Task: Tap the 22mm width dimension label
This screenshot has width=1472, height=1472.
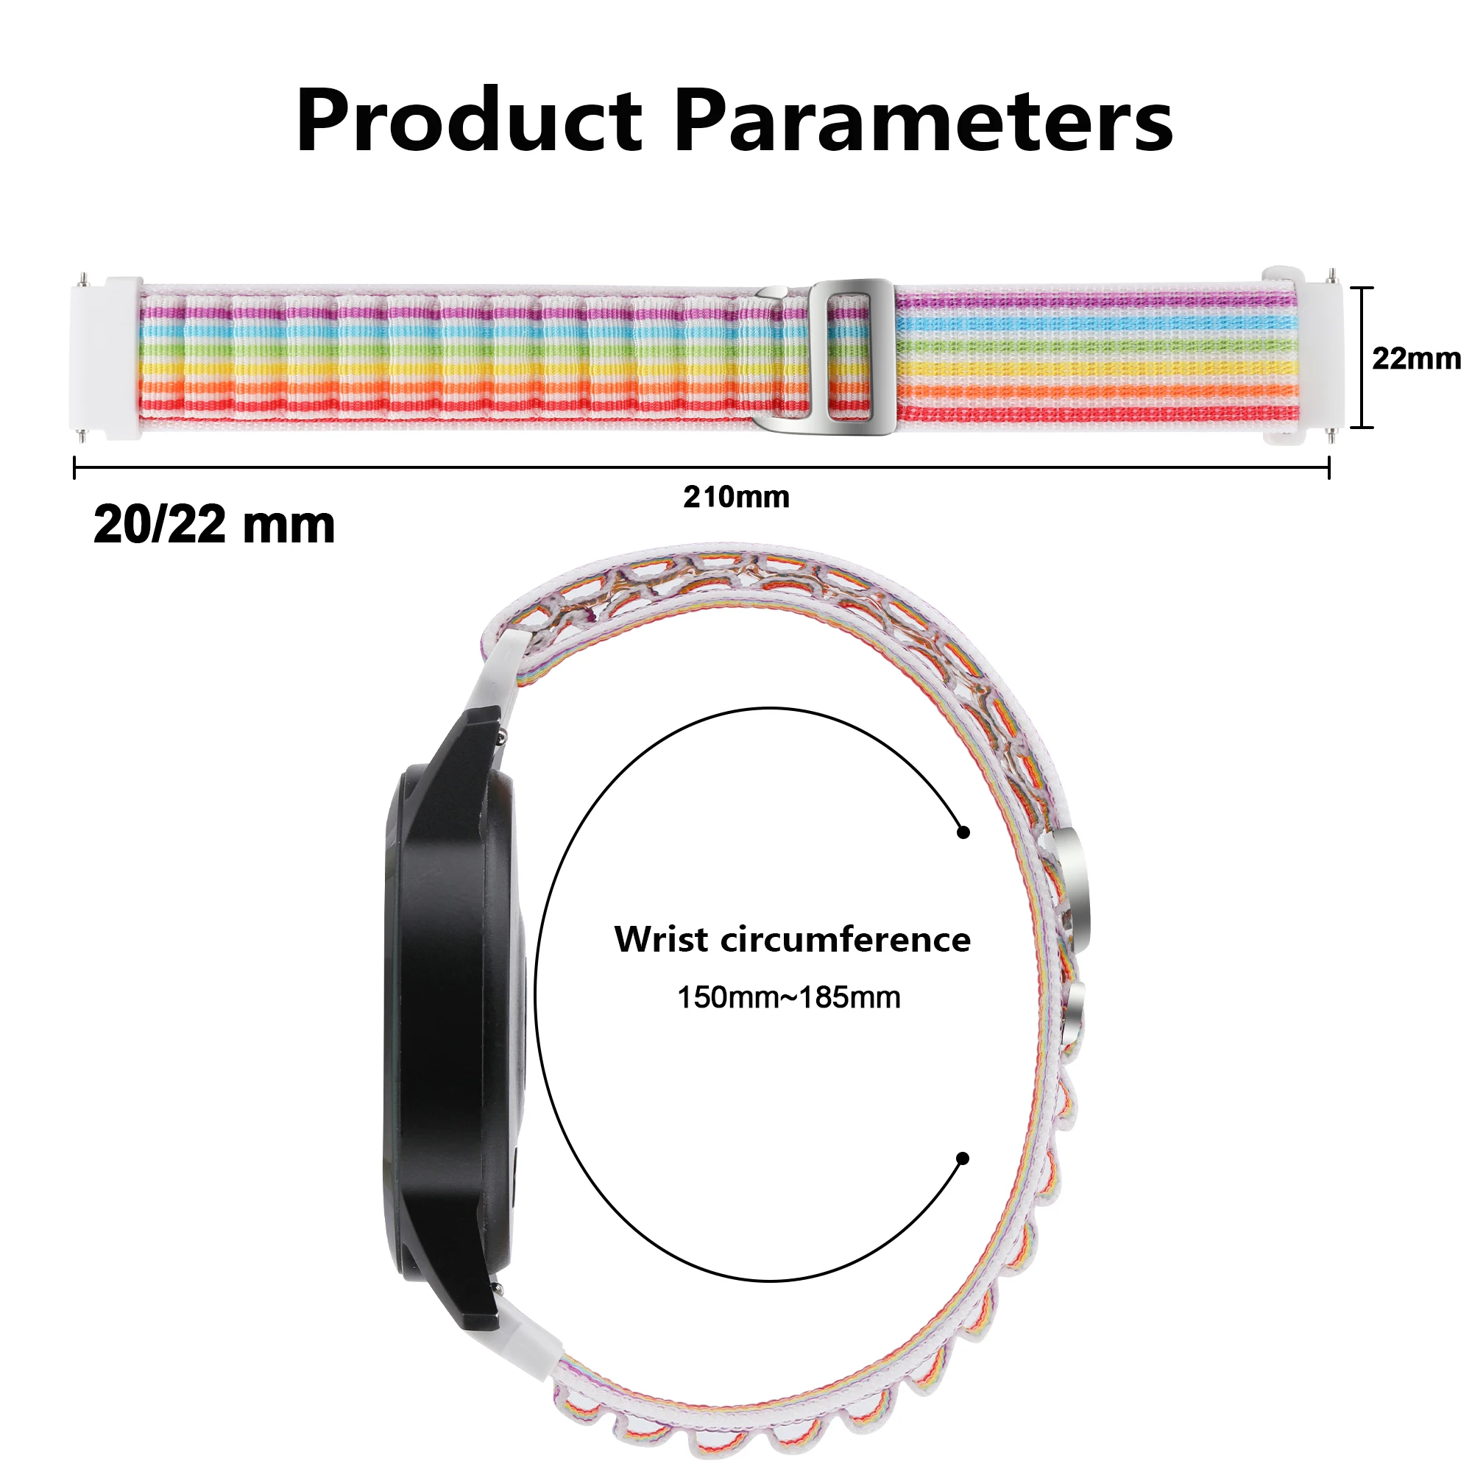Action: click(1415, 358)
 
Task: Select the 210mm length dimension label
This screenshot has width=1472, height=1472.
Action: click(736, 497)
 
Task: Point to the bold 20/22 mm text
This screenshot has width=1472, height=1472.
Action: click(214, 525)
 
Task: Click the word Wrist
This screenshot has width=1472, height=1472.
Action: click(661, 939)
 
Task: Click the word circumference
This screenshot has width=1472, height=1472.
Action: click(846, 939)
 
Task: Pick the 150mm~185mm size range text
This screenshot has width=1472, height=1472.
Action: click(788, 997)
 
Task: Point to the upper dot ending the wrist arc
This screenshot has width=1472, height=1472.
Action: click(964, 832)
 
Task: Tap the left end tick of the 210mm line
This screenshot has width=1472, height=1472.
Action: click(74, 468)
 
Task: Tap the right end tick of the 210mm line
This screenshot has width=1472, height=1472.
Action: click(1328, 468)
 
